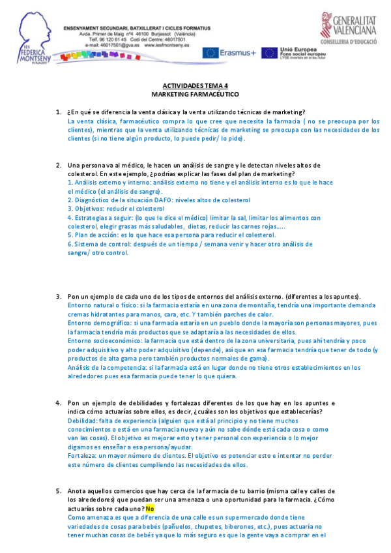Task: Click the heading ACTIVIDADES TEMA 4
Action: tap(195, 85)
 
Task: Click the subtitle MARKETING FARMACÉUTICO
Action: tap(195, 94)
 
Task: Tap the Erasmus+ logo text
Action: tap(238, 53)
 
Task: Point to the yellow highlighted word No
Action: tap(149, 507)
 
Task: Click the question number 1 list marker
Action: tap(59, 112)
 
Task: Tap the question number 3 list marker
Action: tap(59, 295)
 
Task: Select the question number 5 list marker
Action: tap(59, 490)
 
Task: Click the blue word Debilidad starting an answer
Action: tap(81, 421)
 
